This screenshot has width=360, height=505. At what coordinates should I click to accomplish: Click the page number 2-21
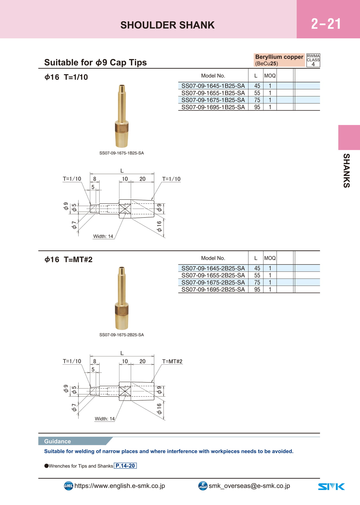point(326,24)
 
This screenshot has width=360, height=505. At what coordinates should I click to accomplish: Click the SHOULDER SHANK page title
point(168,25)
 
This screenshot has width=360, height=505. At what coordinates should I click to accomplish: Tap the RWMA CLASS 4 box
point(313,60)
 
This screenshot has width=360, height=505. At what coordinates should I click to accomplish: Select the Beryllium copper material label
point(279,57)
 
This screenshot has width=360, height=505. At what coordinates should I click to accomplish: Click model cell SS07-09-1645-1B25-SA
point(213,86)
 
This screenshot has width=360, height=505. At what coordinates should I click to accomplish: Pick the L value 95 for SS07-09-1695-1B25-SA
point(257,107)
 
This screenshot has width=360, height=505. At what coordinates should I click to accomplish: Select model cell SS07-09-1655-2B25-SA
point(213,275)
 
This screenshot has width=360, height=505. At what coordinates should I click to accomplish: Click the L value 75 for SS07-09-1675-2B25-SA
point(257,282)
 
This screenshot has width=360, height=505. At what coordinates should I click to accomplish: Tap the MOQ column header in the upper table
point(270,76)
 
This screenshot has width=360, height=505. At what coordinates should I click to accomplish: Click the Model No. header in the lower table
point(213,258)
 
